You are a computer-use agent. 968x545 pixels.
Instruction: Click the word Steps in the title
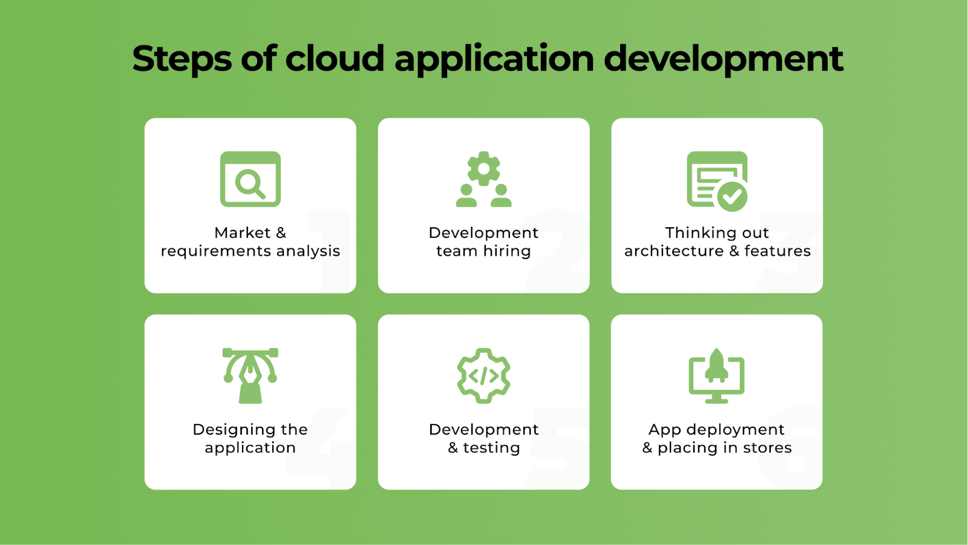point(181,59)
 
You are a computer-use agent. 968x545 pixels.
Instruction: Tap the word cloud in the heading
point(335,59)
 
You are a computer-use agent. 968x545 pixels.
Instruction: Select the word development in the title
point(723,59)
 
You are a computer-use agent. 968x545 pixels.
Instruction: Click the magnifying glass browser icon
point(250,179)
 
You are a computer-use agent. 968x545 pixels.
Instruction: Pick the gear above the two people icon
point(483,168)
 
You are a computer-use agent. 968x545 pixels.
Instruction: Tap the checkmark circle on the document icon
point(732,196)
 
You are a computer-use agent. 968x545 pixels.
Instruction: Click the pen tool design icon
point(250,375)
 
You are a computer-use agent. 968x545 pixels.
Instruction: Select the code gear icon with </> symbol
point(483,375)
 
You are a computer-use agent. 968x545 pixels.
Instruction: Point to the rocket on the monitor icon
point(717,366)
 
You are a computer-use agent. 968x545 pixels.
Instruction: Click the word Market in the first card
point(242,233)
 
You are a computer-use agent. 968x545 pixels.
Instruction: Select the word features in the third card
point(777,251)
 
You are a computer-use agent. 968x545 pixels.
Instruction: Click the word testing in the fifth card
point(491,448)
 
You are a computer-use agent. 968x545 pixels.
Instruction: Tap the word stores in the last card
point(767,448)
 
